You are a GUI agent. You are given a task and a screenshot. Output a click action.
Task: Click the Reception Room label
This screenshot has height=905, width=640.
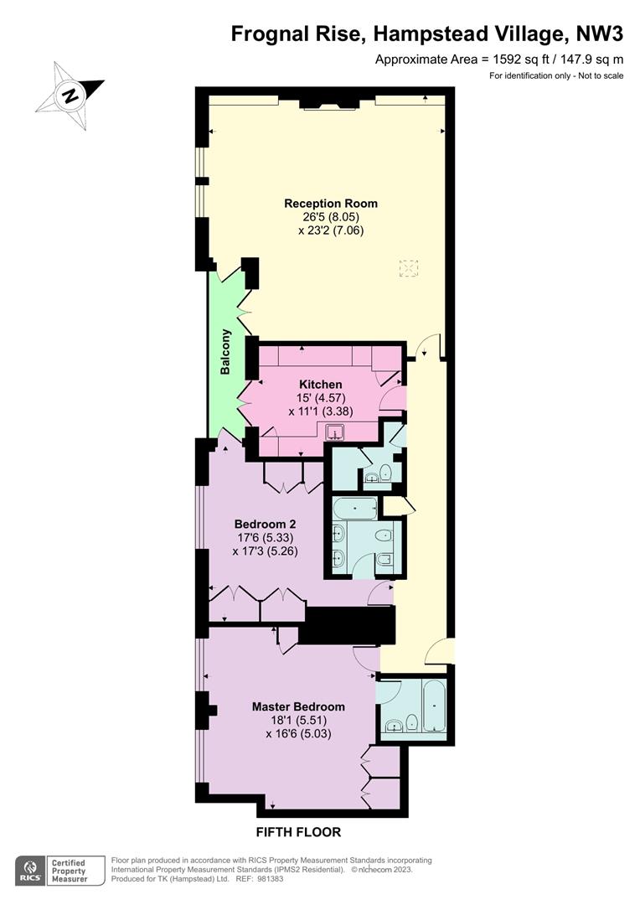pyautogui.click(x=331, y=203)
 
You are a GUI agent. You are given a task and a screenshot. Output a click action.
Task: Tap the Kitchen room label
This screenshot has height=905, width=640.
pyautogui.click(x=320, y=385)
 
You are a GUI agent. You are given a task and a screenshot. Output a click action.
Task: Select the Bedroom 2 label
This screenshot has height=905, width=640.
pyautogui.click(x=265, y=524)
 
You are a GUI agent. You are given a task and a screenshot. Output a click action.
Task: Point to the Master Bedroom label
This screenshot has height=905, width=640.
pyautogui.click(x=298, y=706)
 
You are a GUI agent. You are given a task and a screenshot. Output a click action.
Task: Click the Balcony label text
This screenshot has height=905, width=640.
pyautogui.click(x=225, y=352)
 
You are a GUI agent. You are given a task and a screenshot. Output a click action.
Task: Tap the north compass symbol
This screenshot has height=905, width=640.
pyautogui.click(x=70, y=96)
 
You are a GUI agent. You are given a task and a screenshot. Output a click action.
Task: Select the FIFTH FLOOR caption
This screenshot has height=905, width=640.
pyautogui.click(x=298, y=832)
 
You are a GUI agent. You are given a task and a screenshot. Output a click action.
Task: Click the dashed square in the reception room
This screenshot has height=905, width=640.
pyautogui.click(x=409, y=269)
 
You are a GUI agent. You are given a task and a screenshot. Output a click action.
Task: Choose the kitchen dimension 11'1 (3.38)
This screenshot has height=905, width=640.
pyautogui.click(x=321, y=411)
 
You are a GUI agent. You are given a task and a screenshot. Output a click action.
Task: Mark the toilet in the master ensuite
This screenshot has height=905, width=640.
pyautogui.click(x=411, y=722)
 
